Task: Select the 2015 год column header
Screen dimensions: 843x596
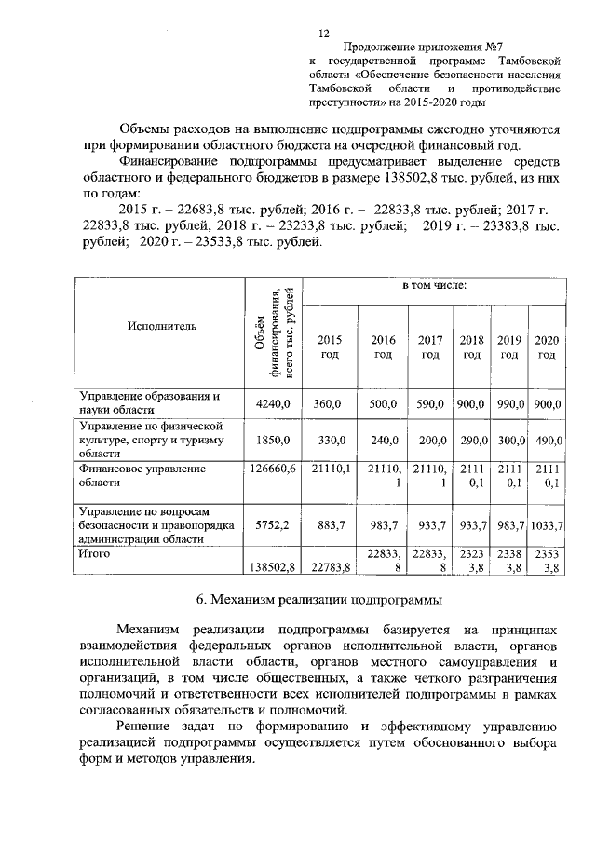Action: pos(331,347)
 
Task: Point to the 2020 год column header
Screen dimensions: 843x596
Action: pos(547,347)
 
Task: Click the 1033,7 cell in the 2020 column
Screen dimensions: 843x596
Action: pos(547,525)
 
